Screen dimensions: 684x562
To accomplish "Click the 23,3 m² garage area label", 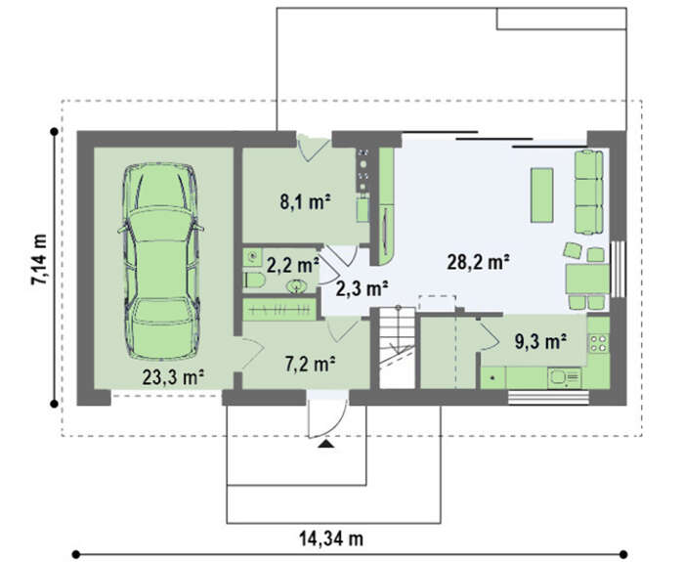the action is [174, 377].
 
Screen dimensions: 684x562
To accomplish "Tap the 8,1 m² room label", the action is [305, 201].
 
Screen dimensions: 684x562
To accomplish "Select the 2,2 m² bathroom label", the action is [293, 265].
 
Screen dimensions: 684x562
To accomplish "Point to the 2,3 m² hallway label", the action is [363, 288].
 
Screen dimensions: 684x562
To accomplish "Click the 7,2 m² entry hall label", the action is [310, 364].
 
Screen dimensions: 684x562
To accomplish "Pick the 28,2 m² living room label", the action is [479, 262].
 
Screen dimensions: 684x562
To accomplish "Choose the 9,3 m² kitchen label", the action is [541, 341].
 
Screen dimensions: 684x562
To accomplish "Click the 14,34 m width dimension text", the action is [331, 539].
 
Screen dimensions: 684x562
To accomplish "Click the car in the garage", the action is [161, 261].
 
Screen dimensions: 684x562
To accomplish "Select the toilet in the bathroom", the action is [253, 281].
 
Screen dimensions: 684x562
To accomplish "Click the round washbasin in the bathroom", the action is [297, 286].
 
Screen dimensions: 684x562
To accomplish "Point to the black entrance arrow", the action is [325, 444].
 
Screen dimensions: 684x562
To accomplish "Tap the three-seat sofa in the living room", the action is [589, 192].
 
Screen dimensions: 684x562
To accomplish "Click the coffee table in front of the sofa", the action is [541, 195].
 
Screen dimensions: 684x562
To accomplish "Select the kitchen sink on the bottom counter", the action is [564, 377].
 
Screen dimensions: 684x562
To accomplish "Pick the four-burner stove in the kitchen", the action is [598, 342].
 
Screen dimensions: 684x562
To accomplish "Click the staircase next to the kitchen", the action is [397, 347].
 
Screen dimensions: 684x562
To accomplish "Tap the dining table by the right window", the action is [587, 279].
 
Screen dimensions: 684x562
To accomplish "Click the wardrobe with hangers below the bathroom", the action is [279, 310].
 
